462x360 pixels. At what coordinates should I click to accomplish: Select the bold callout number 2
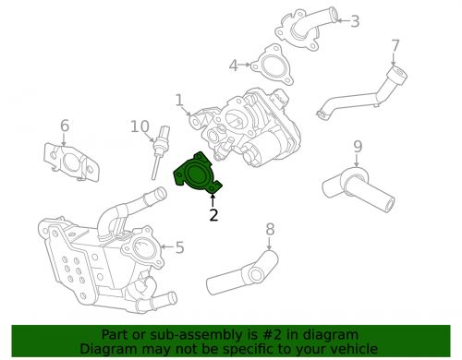tap(213, 216)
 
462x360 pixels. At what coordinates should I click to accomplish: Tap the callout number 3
tap(355, 20)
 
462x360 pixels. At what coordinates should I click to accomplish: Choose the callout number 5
tap(179, 247)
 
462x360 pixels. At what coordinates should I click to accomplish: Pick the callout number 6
tap(65, 126)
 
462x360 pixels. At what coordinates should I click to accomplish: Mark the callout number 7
tap(395, 45)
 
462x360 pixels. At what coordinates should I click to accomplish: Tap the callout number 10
tap(140, 126)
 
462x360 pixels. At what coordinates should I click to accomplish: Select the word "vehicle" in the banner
tap(352, 348)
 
